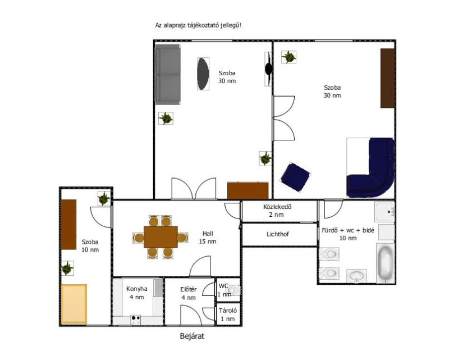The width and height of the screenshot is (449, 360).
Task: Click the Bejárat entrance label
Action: pyautogui.click(x=192, y=336)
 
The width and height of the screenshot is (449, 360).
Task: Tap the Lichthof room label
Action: pyautogui.click(x=277, y=234)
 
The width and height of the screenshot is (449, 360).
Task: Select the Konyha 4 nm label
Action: pyautogui.click(x=137, y=293)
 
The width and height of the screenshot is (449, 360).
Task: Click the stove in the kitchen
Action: pyautogui.click(x=135, y=320)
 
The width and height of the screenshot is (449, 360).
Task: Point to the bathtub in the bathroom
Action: pyautogui.click(x=385, y=263)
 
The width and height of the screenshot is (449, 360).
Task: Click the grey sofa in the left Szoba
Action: pyautogui.click(x=168, y=75)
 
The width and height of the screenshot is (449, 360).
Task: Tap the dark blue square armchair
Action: pyautogui.click(x=296, y=177)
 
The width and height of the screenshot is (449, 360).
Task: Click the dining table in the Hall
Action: pyautogui.click(x=161, y=237)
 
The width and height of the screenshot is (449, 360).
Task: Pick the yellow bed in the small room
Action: pyautogui.click(x=74, y=304)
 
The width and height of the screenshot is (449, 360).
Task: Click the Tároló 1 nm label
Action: pyautogui.click(x=228, y=315)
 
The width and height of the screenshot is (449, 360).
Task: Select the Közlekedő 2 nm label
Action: pyautogui.click(x=277, y=211)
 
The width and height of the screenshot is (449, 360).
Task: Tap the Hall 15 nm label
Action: pyautogui.click(x=208, y=238)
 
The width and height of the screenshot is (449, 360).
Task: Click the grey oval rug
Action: pyautogui.click(x=203, y=74)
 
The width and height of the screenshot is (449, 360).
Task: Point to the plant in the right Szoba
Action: pyautogui.click(x=288, y=57)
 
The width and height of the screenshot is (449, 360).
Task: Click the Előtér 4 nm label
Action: pyautogui.click(x=189, y=294)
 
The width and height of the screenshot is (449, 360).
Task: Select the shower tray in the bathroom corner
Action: pyautogui.click(x=385, y=212)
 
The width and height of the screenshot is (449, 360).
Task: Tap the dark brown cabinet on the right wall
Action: pyautogui.click(x=388, y=78)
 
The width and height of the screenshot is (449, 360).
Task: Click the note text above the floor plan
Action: pyautogui.click(x=198, y=25)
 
